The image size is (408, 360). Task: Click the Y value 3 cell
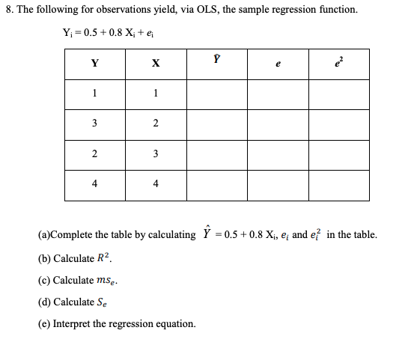pyautogui.click(x=94, y=125)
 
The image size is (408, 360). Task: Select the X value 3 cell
pyautogui.click(x=155, y=155)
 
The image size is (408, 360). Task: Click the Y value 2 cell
pyautogui.click(x=94, y=155)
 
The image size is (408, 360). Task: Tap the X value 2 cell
pyautogui.click(x=155, y=125)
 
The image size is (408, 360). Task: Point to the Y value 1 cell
pyautogui.click(x=94, y=95)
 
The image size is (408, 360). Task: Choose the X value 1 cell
pyautogui.click(x=155, y=95)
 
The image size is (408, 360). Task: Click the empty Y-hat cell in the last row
pyautogui.click(x=217, y=185)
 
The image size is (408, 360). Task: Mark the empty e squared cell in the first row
pyautogui.click(x=338, y=95)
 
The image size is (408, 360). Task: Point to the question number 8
pyautogui.click(x=8, y=10)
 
